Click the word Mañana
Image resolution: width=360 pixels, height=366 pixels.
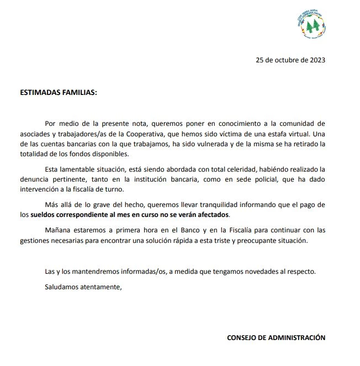pyautogui.click(x=58, y=231)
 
